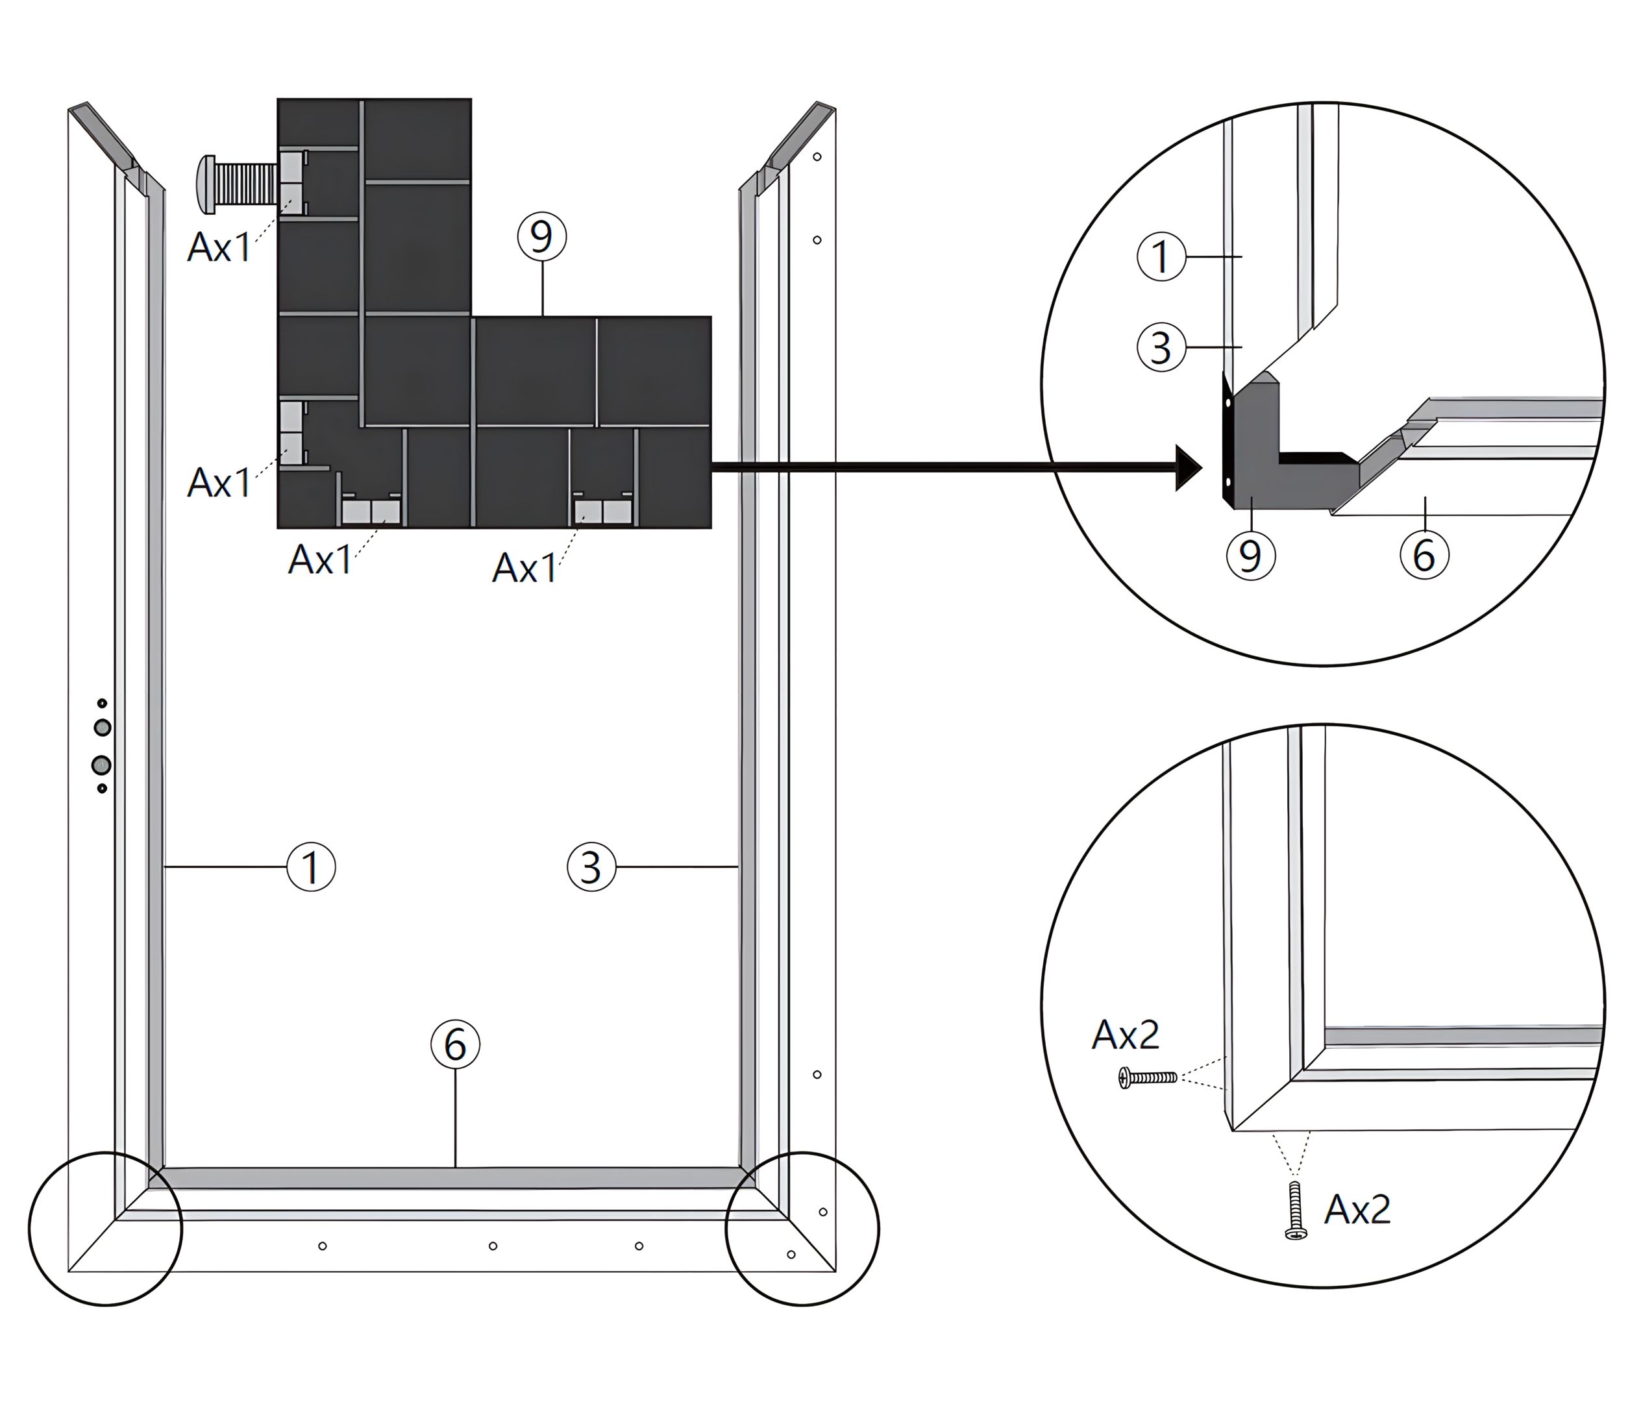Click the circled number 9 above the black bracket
(x=542, y=237)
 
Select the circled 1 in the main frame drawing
(x=311, y=867)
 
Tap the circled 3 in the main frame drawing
(x=591, y=867)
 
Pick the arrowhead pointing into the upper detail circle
(x=1188, y=468)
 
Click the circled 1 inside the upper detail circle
(x=1161, y=256)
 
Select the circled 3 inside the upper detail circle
(x=1161, y=348)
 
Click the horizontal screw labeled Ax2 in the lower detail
(x=1147, y=1077)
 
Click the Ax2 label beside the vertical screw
(x=1357, y=1209)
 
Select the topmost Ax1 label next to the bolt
(x=219, y=248)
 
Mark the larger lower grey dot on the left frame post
(x=101, y=765)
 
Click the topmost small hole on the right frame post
(x=817, y=157)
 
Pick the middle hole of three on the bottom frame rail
(x=493, y=1246)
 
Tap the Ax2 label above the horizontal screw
(x=1126, y=1035)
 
